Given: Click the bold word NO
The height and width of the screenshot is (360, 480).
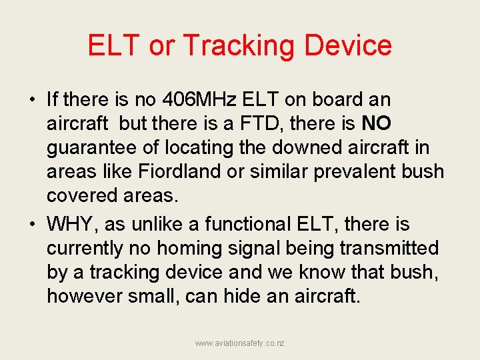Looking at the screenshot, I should [x=377, y=124].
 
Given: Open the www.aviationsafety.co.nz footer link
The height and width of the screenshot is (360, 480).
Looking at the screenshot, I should [x=239, y=343].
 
